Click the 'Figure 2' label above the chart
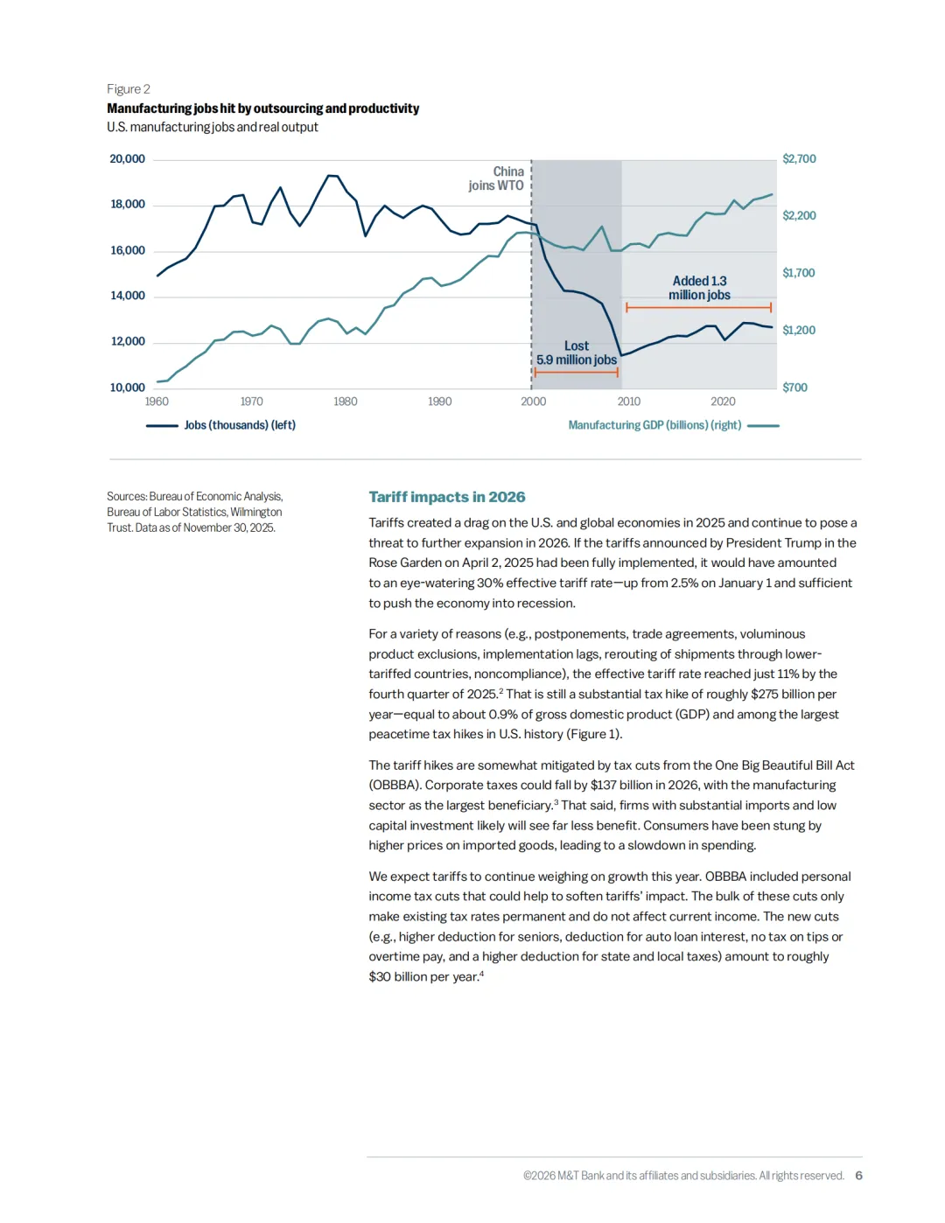click(x=129, y=89)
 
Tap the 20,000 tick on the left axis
click(x=127, y=159)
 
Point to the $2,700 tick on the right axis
click(x=799, y=159)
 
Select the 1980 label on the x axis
click(x=346, y=402)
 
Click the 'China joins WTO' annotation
click(x=497, y=178)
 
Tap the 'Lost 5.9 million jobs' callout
click(x=577, y=353)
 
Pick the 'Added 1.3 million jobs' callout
click(x=699, y=288)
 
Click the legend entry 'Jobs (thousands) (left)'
click(x=239, y=425)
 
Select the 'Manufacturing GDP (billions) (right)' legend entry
click(x=654, y=425)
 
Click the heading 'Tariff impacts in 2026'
click(x=447, y=497)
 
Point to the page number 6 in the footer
click(x=858, y=1176)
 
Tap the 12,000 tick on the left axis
click(x=128, y=341)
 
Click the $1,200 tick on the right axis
click(x=799, y=331)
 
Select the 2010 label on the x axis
click(x=628, y=402)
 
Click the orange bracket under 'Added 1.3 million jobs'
click(x=698, y=308)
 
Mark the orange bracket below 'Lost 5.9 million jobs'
click(x=577, y=373)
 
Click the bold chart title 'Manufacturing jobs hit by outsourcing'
click(x=262, y=108)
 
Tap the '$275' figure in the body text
click(x=764, y=695)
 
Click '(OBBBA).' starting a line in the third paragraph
click(x=395, y=786)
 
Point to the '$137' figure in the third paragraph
click(x=603, y=786)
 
